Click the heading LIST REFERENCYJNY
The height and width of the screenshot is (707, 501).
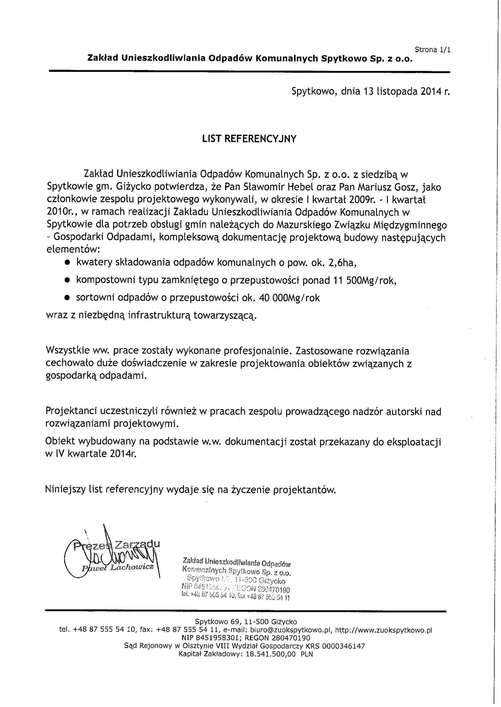coord(249,139)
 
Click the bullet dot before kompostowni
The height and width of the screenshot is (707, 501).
coord(66,281)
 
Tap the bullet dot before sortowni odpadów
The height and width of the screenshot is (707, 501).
coord(66,298)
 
